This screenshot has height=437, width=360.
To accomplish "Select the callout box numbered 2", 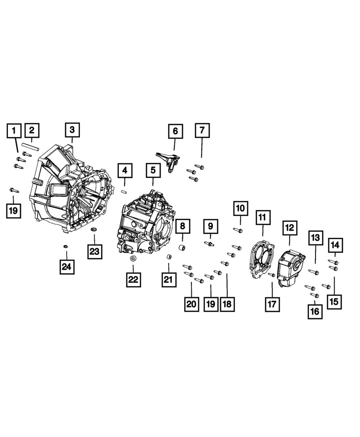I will (32, 130).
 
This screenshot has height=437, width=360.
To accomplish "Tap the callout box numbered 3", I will (72, 129).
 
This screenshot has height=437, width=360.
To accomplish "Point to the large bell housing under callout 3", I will (70, 188).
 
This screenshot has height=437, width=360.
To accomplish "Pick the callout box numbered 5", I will (153, 170).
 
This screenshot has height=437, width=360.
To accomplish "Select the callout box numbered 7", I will (201, 130).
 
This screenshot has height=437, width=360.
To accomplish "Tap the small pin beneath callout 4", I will (124, 190).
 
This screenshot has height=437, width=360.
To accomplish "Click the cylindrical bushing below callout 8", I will (183, 249).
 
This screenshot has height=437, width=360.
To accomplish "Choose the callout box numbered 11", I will (262, 217).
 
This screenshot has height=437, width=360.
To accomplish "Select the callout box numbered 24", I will (67, 266).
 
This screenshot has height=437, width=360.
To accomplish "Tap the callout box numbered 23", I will (95, 251).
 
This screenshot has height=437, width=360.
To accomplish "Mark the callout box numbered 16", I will (315, 311).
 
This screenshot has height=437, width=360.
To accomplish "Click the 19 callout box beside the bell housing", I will (14, 210).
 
